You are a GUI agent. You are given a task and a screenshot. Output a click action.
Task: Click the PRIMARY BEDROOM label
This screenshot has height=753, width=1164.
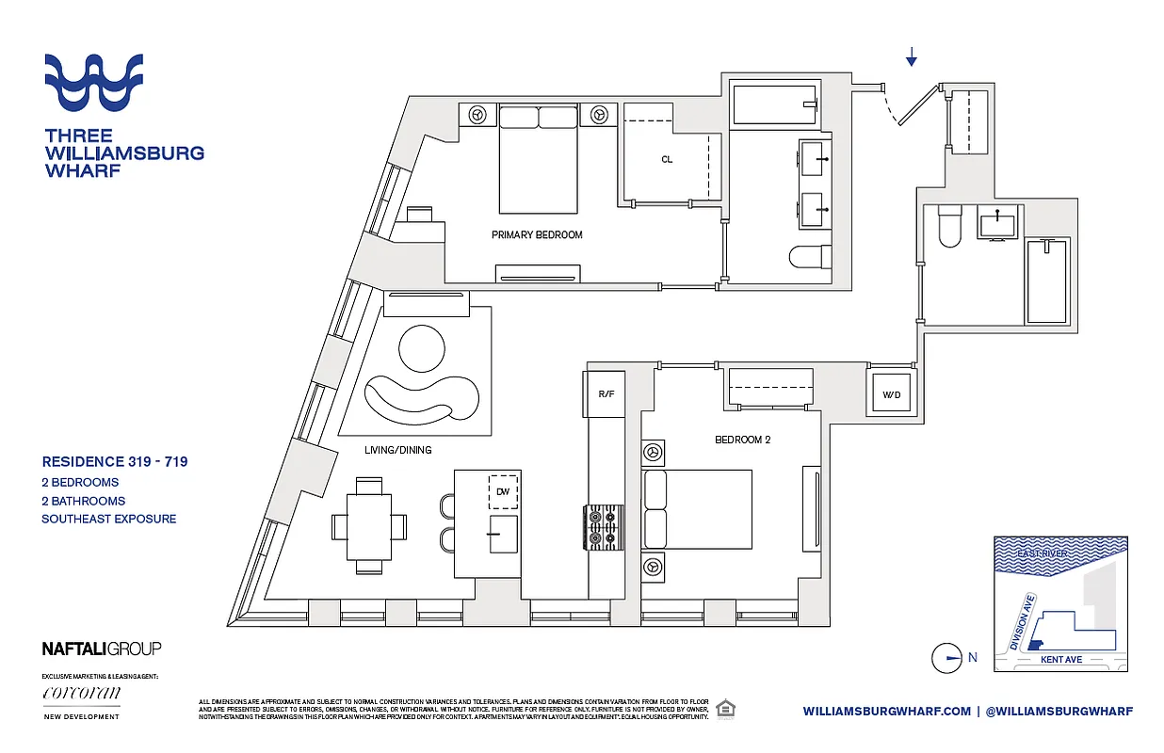point(537,234)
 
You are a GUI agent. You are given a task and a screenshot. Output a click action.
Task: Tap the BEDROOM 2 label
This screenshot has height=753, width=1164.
point(742,439)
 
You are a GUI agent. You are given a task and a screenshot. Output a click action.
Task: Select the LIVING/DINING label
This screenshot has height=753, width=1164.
point(397,450)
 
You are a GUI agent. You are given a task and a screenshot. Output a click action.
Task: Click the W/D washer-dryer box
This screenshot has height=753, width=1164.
point(890,394)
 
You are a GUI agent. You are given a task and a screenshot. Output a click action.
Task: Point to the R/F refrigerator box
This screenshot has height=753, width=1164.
point(606,393)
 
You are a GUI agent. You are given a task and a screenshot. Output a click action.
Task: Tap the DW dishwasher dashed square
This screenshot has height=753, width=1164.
point(502,491)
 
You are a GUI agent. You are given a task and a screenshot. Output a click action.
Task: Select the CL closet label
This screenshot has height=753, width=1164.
point(667,159)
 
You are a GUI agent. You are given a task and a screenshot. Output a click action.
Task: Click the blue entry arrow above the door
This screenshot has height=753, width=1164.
point(911,58)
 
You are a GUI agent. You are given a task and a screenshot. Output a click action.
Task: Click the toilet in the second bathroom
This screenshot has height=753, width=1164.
point(947,226)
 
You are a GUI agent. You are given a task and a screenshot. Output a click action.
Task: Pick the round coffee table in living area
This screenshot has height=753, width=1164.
point(421,349)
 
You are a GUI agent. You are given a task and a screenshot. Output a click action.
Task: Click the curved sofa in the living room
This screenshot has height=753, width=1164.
point(421,401)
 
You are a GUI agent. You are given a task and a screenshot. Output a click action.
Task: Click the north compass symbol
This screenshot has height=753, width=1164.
point(946,658)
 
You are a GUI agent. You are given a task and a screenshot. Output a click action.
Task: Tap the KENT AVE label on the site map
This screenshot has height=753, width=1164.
point(1060,660)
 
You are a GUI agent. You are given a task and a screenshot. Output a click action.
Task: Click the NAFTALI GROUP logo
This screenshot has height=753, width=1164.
point(102,648)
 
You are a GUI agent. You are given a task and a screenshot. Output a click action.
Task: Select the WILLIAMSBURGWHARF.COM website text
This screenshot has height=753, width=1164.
point(886,712)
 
